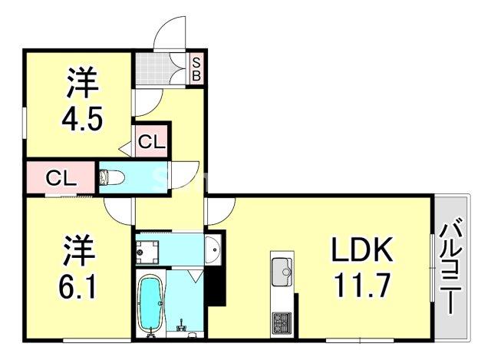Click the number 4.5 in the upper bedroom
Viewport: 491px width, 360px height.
point(81,121)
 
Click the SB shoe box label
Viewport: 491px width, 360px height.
point(196,69)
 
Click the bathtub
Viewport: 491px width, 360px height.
point(149,306)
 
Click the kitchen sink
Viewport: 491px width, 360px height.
point(282,269)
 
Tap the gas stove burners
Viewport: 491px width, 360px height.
point(281,322)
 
